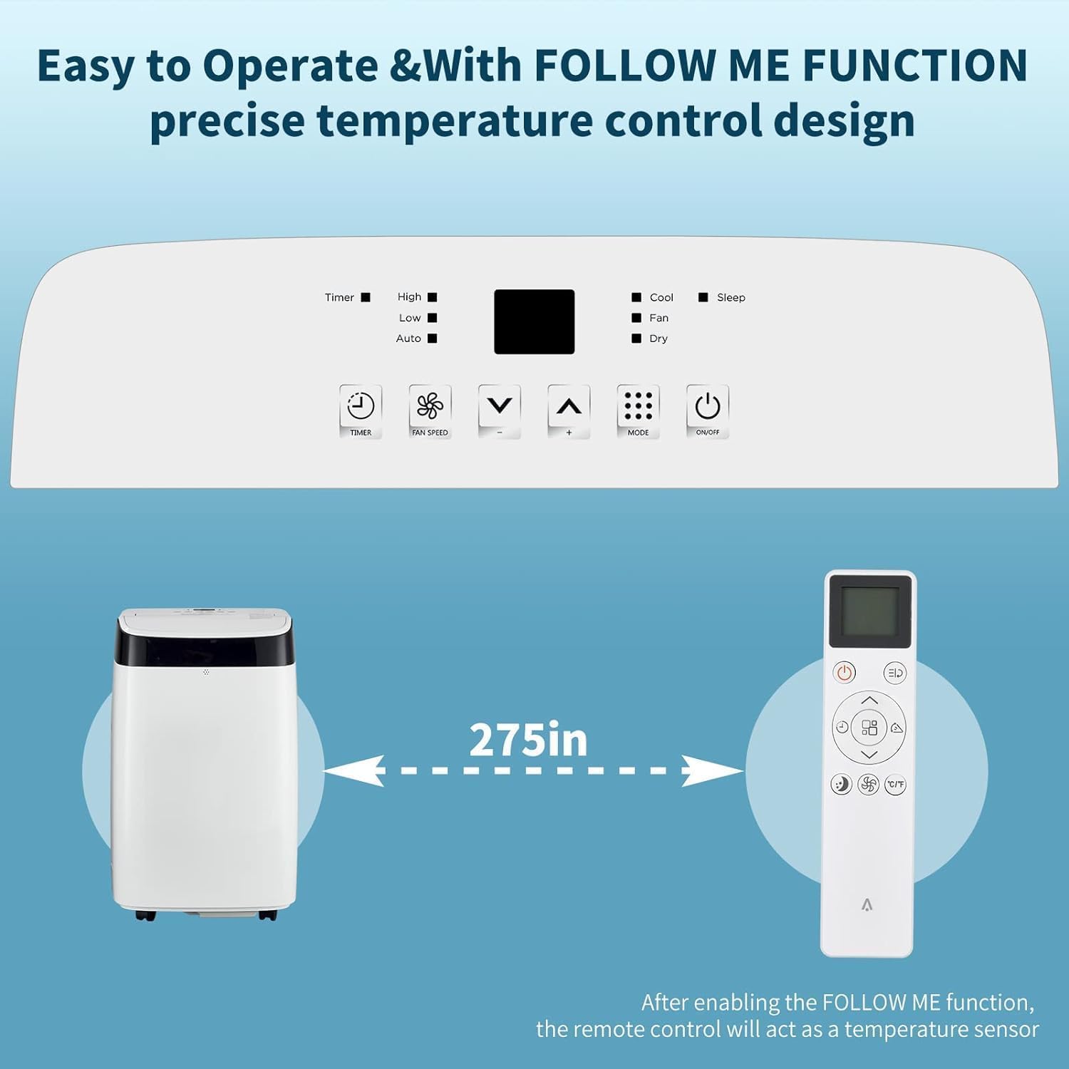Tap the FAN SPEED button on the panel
click(x=430, y=410)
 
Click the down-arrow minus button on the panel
click(x=499, y=410)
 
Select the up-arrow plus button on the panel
click(x=569, y=410)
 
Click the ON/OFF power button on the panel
click(x=707, y=410)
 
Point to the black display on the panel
click(x=534, y=321)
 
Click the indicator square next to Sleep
click(x=703, y=297)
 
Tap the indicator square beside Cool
click(x=636, y=297)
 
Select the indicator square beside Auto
click(x=432, y=339)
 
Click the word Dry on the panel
click(x=659, y=339)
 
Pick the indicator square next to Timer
click(x=366, y=297)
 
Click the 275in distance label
click(x=528, y=740)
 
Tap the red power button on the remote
click(x=845, y=672)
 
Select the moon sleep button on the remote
click(x=842, y=785)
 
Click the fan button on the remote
click(x=868, y=785)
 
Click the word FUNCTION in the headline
click(x=915, y=66)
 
